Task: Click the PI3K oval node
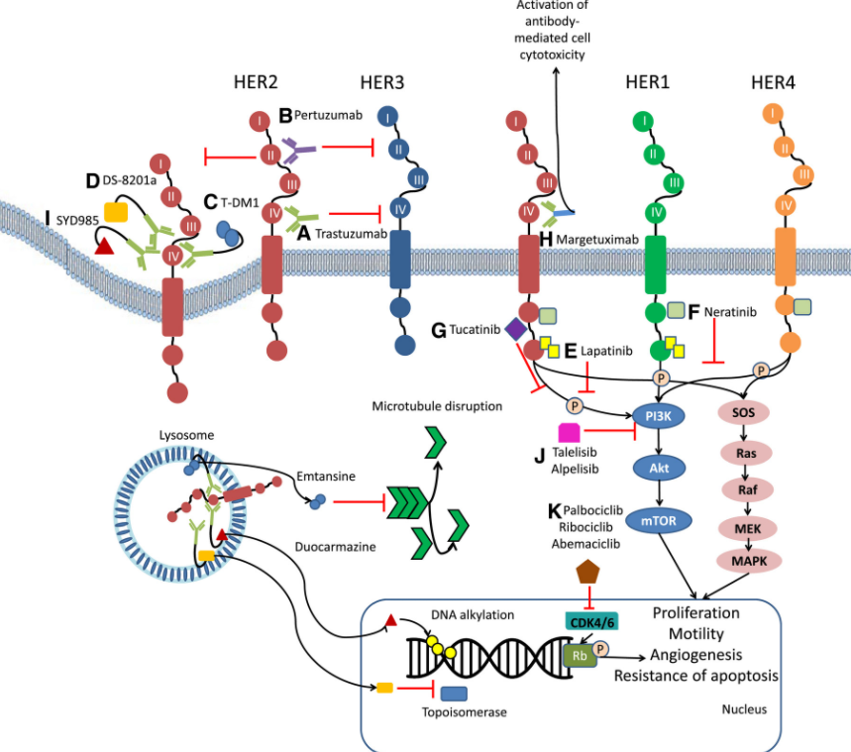click(x=658, y=417)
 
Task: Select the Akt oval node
click(x=658, y=468)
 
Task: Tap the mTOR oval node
click(x=658, y=519)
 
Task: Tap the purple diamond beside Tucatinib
click(x=516, y=329)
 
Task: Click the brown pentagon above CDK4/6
click(x=588, y=571)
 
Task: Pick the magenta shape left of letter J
click(x=570, y=432)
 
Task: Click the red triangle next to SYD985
click(x=104, y=246)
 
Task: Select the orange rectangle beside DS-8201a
click(x=116, y=211)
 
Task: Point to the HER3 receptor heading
click(x=381, y=81)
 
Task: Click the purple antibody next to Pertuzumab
click(x=298, y=151)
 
